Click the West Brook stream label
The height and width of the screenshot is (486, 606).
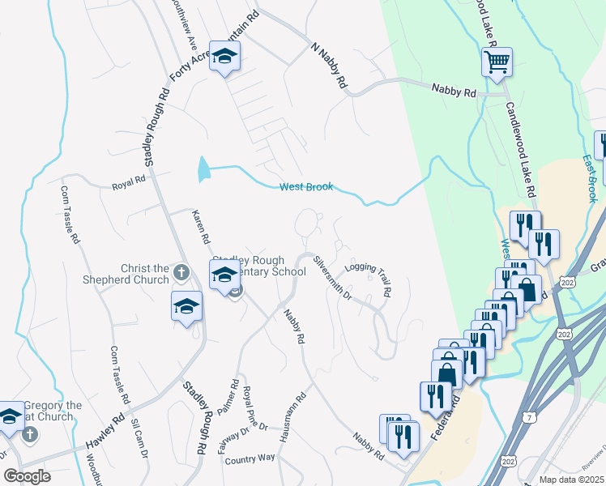pyautogui.click(x=306, y=187)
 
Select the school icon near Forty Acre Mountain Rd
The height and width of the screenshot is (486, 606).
pyautogui.click(x=224, y=57)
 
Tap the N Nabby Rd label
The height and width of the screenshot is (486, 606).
pyautogui.click(x=329, y=66)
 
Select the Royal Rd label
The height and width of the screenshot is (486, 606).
pyautogui.click(x=129, y=182)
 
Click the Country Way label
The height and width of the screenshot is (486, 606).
pyautogui.click(x=250, y=458)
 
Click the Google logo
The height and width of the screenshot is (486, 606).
pyautogui.click(x=27, y=475)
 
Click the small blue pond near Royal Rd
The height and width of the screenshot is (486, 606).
pyautogui.click(x=203, y=169)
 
